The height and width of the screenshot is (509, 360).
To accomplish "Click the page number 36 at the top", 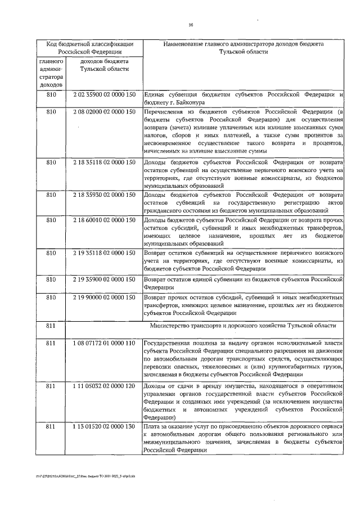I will click(x=191, y=24).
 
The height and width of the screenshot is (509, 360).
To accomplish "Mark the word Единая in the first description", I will click(x=155, y=94).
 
